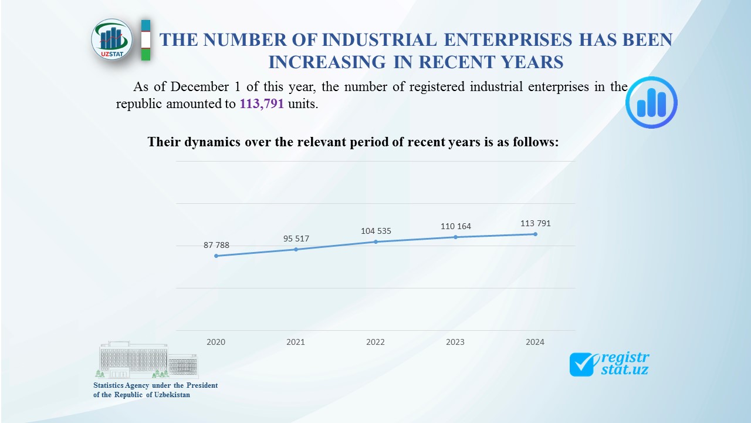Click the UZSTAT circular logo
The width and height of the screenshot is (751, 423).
tap(112, 39)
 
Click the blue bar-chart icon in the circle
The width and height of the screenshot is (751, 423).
tap(651, 102)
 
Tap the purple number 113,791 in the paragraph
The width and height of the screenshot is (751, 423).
tap(261, 105)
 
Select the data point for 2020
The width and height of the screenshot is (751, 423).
tap(216, 256)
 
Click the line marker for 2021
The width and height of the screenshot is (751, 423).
tap(296, 250)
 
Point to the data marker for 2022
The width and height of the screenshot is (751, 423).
tap(375, 241)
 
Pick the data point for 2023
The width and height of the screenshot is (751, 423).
tap(455, 237)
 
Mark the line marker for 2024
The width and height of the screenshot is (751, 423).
tap(535, 234)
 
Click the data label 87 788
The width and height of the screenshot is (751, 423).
tap(216, 245)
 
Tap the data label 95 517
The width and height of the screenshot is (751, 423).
tap(296, 239)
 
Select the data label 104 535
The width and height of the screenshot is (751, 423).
tap(376, 231)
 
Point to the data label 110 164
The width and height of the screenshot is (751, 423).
tap(456, 226)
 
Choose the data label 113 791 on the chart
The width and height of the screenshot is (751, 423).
tap(536, 223)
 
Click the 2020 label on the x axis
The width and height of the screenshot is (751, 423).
tap(216, 342)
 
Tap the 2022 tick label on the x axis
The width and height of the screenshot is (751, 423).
tap(375, 342)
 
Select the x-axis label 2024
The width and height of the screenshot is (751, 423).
tap(535, 342)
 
